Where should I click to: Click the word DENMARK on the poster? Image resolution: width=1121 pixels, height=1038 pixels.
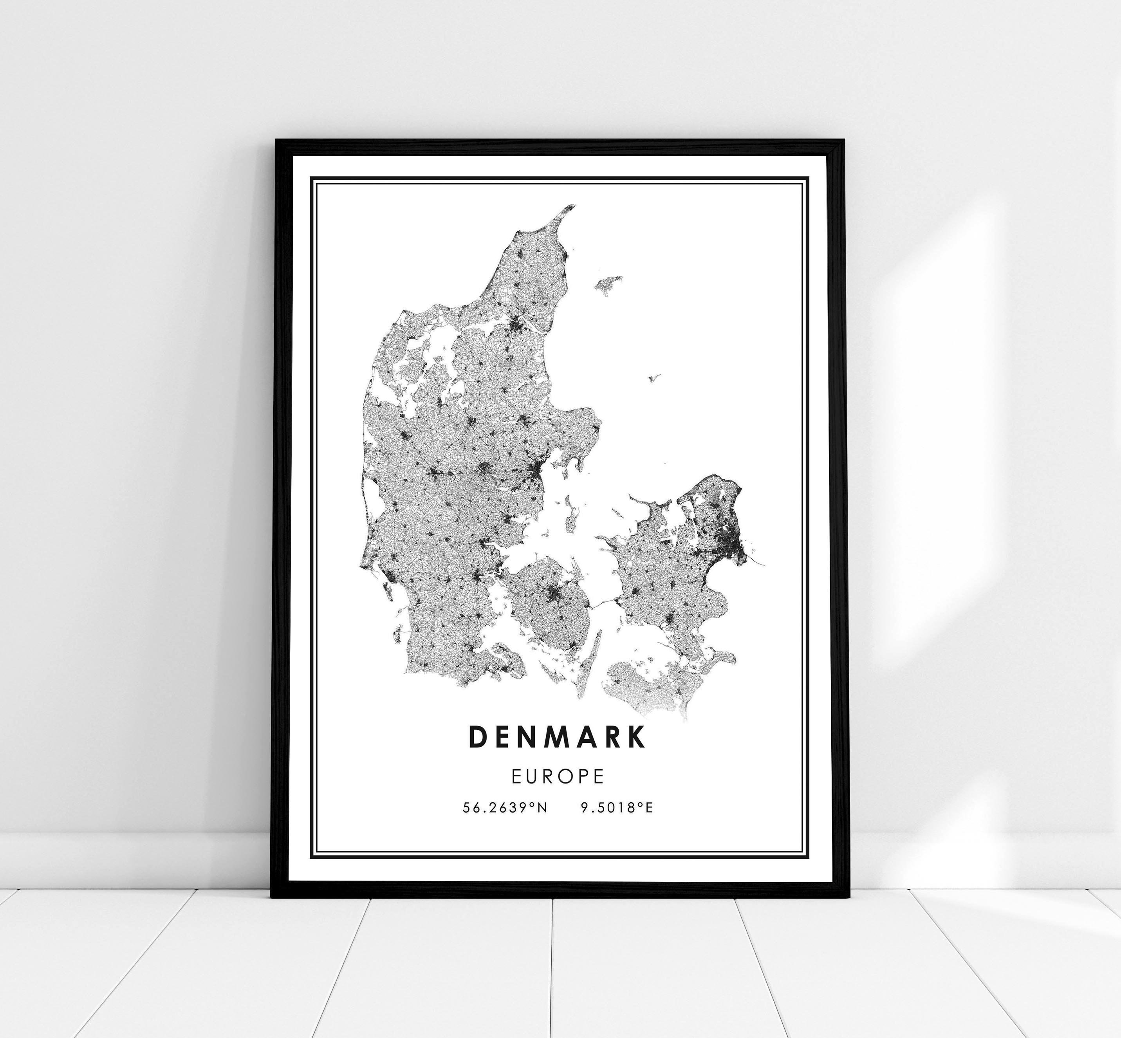click(x=557, y=738)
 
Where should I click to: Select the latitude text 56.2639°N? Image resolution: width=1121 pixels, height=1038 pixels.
click(x=504, y=808)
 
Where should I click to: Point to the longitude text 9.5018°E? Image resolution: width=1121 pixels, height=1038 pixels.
click(x=617, y=808)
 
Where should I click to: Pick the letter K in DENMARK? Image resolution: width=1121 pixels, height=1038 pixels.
click(x=637, y=738)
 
